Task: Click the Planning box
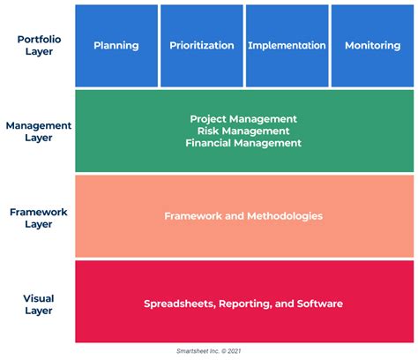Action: (116, 46)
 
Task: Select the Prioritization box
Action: (202, 46)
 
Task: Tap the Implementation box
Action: (287, 46)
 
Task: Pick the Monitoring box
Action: (372, 46)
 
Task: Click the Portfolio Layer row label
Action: (39, 45)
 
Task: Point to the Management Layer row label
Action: (39, 131)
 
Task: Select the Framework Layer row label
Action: (39, 218)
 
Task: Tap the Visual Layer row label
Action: (39, 304)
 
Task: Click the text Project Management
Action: (243, 119)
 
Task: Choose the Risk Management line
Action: (243, 131)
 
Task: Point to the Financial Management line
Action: (243, 143)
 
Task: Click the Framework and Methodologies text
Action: (243, 216)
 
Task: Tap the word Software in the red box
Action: (320, 304)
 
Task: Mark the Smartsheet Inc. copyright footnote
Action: (209, 351)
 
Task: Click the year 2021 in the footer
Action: (235, 351)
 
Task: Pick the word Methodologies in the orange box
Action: (285, 216)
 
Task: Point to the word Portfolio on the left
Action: (39, 40)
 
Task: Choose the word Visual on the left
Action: (39, 298)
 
